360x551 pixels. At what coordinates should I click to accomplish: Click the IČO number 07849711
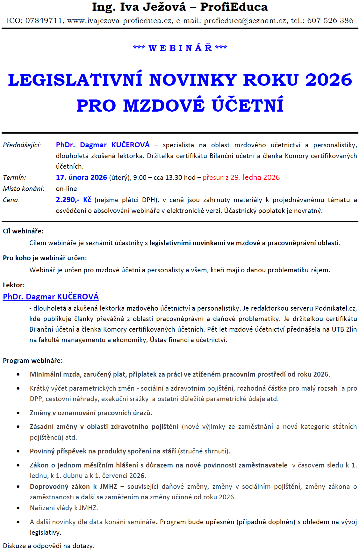click(44, 21)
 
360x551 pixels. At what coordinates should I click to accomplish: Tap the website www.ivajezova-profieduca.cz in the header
click(119, 21)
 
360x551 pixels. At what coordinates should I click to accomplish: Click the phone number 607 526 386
click(330, 21)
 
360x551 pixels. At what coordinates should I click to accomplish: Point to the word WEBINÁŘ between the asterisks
click(180, 48)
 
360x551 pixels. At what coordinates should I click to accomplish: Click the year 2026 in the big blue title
click(328, 80)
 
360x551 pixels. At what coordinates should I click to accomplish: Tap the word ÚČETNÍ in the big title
click(248, 106)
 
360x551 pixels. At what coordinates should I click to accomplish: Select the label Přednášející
click(22, 145)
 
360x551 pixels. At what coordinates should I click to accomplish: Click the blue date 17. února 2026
click(81, 178)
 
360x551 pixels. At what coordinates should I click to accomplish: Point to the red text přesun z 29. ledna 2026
click(241, 178)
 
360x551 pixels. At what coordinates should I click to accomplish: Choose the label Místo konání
click(24, 189)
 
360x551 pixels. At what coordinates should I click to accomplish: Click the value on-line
click(66, 189)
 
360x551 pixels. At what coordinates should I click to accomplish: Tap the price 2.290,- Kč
click(73, 200)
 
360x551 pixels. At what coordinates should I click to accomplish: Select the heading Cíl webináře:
click(23, 231)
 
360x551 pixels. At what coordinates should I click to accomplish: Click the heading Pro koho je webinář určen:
click(45, 258)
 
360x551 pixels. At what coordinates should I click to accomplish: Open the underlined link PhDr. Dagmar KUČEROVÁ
click(51, 297)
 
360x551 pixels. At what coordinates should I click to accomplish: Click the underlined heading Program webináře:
click(33, 361)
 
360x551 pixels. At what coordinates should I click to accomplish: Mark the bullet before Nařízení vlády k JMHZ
click(18, 508)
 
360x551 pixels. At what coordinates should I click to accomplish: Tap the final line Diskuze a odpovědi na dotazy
click(49, 546)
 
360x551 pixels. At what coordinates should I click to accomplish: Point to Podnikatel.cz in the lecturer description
click(335, 308)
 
